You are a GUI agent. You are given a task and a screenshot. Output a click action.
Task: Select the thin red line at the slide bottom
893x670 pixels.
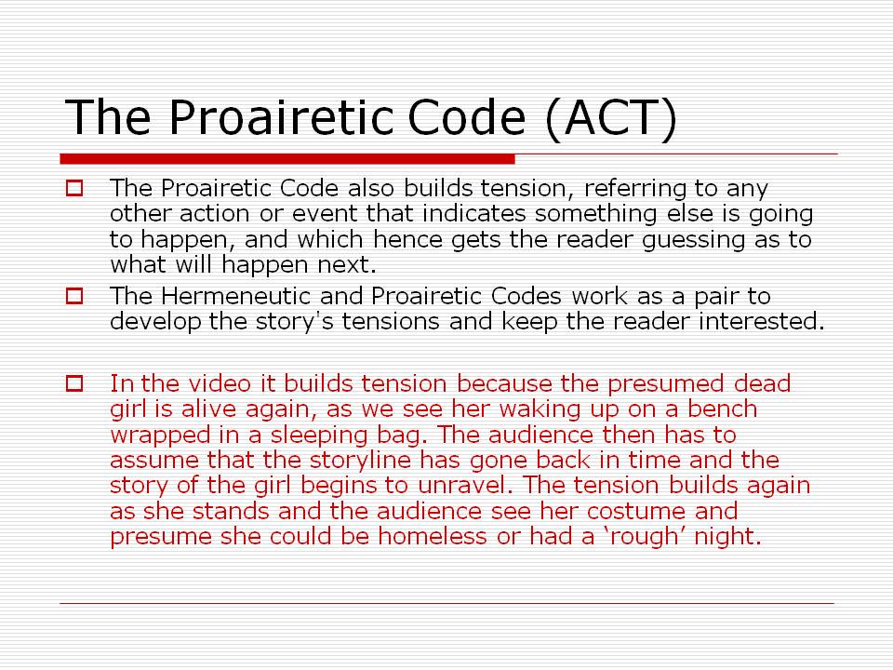click(x=446, y=603)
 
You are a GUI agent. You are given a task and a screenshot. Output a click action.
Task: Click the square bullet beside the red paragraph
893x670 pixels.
click(x=74, y=382)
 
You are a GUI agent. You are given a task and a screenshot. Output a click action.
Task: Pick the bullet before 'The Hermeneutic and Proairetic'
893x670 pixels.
click(x=74, y=297)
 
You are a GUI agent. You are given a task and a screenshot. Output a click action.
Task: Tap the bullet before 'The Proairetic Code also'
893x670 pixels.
click(x=74, y=188)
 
